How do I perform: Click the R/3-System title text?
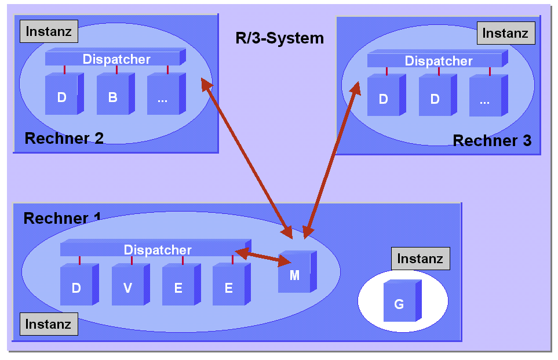click(x=279, y=39)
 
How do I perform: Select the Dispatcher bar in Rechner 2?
click(x=116, y=59)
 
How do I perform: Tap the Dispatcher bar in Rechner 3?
click(x=437, y=61)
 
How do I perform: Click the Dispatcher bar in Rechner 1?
click(x=156, y=250)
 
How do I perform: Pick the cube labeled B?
click(x=113, y=97)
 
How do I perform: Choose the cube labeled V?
click(x=128, y=287)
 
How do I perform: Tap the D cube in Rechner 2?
click(x=62, y=97)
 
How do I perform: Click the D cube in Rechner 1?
click(x=76, y=287)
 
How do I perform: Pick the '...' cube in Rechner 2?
click(x=163, y=97)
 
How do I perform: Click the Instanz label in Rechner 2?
click(x=49, y=32)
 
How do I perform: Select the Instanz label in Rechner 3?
click(x=505, y=33)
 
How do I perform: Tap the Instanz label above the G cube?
click(x=420, y=259)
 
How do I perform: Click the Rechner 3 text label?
click(x=492, y=140)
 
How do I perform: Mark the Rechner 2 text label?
click(x=64, y=138)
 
